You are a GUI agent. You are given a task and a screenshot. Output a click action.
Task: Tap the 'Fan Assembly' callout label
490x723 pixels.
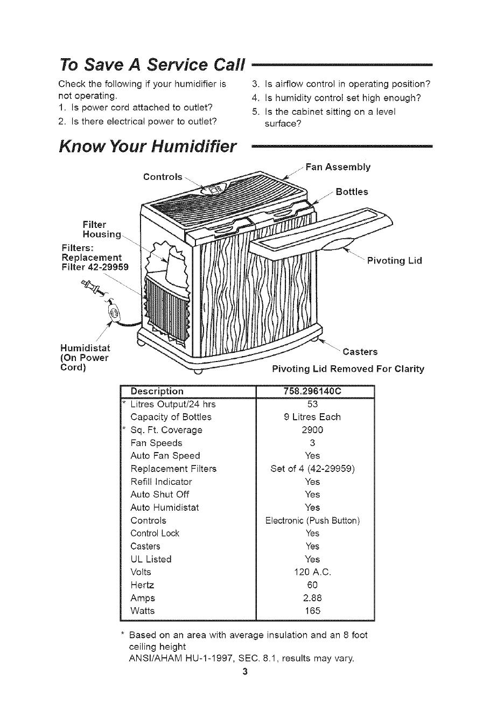[338, 167]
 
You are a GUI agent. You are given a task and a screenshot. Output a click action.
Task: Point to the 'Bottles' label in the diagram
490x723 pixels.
[352, 192]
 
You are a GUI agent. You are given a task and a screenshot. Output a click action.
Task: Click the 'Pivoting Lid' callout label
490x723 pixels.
[394, 261]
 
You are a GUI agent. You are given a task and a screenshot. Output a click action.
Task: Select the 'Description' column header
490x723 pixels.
[157, 391]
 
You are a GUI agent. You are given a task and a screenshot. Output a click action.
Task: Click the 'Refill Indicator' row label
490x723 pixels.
[161, 482]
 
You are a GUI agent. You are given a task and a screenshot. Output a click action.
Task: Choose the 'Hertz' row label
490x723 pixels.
[142, 585]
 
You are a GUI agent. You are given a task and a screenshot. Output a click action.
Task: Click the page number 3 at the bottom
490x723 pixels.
[245, 671]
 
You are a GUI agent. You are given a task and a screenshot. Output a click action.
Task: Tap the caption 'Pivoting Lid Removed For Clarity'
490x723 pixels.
[348, 369]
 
